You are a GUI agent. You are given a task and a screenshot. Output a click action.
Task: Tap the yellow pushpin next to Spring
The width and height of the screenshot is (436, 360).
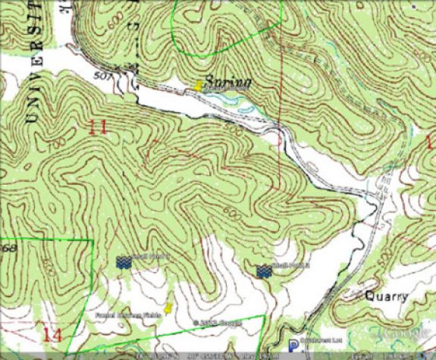point(199,86)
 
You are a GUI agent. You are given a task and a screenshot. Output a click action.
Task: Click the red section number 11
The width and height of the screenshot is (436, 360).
point(97,127)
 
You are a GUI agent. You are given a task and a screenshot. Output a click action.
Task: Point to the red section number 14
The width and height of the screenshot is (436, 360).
point(52,334)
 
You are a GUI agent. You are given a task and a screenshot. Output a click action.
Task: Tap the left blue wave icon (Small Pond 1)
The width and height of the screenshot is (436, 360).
point(123,261)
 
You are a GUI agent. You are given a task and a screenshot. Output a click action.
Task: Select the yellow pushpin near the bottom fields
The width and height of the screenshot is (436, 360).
point(169,308)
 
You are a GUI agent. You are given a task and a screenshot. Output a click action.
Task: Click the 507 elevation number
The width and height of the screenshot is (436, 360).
point(105,76)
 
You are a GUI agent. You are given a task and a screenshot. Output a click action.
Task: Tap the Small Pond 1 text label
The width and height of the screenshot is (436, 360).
point(143,257)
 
